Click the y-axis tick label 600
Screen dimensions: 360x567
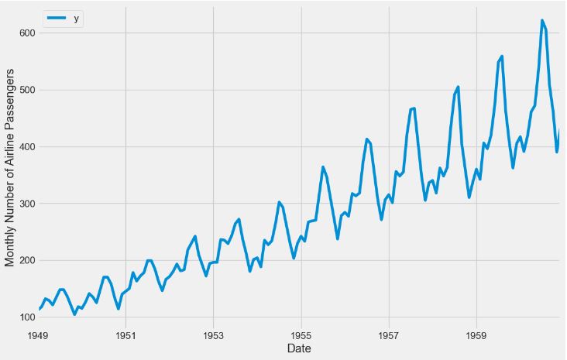point(27,33)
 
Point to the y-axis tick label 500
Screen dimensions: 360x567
point(27,90)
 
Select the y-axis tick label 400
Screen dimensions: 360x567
point(27,147)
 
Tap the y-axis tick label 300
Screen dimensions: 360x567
point(27,204)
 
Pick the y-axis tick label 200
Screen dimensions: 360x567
point(27,260)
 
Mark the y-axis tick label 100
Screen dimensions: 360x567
point(27,317)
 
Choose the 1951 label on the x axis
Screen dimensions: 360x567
point(126,336)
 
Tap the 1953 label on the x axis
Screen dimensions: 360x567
point(214,336)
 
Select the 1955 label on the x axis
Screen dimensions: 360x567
point(301,336)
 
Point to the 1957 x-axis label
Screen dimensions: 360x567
point(389,336)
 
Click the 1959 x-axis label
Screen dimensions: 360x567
point(476,336)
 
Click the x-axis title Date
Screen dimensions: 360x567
point(299,349)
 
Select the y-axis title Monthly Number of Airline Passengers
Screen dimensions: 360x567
point(10,167)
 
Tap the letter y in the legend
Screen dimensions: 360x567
point(76,19)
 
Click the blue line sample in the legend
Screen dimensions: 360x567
point(57,19)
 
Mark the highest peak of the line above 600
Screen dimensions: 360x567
point(541,21)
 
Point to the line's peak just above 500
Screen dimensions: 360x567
point(458,87)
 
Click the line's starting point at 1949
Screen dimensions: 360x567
point(39,310)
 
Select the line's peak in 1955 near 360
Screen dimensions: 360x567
point(323,166)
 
